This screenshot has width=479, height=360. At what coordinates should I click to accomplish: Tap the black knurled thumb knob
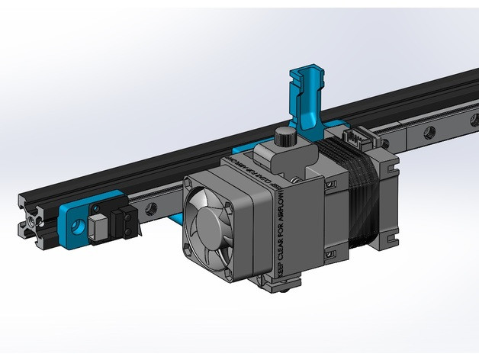pos(284,137)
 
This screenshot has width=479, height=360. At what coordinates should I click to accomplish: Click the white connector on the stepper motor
pos(355,138)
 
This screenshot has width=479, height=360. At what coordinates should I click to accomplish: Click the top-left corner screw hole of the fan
pos(193,185)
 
